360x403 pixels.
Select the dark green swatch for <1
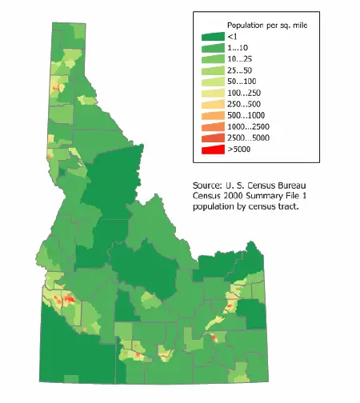[x=211, y=37]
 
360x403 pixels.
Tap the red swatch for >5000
[x=211, y=150]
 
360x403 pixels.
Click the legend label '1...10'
[x=238, y=48]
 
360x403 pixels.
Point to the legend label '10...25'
[x=241, y=59]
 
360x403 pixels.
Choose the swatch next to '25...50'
[x=211, y=70]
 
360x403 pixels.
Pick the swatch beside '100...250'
[x=211, y=93]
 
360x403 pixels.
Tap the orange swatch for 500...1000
[x=211, y=115]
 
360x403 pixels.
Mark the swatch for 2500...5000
[x=211, y=138]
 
